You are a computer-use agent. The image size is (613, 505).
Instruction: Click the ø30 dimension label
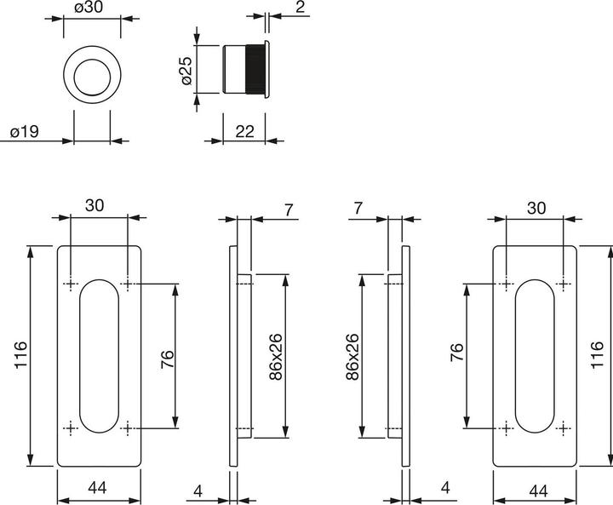click(89, 7)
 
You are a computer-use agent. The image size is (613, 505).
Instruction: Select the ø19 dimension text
click(25, 132)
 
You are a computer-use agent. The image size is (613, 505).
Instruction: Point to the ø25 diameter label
click(186, 71)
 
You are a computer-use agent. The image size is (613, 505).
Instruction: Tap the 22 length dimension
click(244, 131)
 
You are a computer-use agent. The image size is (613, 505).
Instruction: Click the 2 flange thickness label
click(300, 7)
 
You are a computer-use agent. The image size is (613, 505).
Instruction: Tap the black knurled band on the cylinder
click(255, 69)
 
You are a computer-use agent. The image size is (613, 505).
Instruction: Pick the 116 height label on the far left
click(20, 354)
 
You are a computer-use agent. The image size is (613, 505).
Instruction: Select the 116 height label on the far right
click(597, 354)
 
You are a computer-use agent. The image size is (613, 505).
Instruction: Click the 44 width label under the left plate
click(98, 487)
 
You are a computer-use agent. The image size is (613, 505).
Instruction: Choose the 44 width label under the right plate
click(538, 491)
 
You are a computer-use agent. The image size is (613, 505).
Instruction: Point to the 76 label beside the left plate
click(167, 359)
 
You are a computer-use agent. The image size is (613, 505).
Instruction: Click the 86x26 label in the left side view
click(276, 357)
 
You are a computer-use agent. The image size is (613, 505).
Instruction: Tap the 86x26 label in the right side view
click(352, 357)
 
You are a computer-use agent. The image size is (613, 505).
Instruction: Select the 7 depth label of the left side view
click(288, 210)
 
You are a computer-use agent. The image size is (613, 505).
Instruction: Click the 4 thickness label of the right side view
click(445, 487)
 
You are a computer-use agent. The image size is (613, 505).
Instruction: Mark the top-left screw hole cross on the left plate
click(71, 284)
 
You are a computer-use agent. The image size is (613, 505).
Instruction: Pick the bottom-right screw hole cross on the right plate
click(563, 428)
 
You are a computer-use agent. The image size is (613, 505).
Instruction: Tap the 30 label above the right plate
click(536, 208)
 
